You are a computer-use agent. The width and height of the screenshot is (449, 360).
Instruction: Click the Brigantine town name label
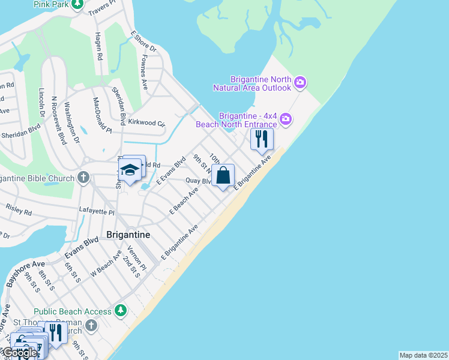[128, 235]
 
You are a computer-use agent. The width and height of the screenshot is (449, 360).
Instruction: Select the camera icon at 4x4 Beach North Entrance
[286, 119]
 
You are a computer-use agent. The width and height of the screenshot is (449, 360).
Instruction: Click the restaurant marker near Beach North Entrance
[262, 139]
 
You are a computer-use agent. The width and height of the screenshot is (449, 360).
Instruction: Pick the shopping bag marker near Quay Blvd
[223, 176]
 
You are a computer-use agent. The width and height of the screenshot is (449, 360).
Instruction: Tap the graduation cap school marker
[129, 171]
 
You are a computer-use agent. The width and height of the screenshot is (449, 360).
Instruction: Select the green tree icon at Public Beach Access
[121, 310]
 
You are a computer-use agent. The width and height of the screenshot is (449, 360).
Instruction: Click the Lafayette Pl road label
[97, 211]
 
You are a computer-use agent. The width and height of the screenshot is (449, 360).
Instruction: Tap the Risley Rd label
[19, 210]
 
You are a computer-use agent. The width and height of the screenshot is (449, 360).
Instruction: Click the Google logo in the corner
[19, 353]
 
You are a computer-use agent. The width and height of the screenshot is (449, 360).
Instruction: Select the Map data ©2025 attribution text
[424, 355]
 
